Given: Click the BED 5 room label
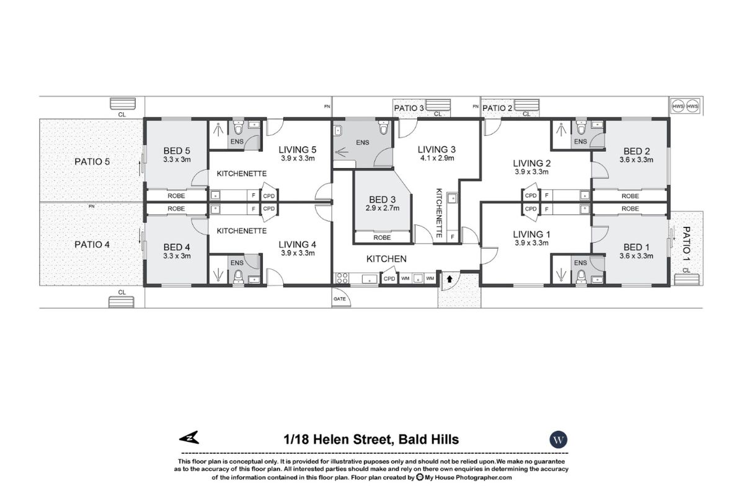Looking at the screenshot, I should pyautogui.click(x=176, y=151).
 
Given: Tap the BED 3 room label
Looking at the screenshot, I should pyautogui.click(x=382, y=199).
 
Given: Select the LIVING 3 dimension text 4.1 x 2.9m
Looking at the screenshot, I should pyautogui.click(x=436, y=158).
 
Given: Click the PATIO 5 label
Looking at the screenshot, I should pyautogui.click(x=92, y=162).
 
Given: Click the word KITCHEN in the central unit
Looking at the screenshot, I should pyautogui.click(x=386, y=259).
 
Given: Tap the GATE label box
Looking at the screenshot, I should pyautogui.click(x=340, y=299).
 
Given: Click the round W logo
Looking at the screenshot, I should pyautogui.click(x=559, y=440).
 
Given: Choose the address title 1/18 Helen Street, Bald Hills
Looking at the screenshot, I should pyautogui.click(x=371, y=440).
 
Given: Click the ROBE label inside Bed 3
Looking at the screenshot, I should pyautogui.click(x=383, y=237).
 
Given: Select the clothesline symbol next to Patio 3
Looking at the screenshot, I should pyautogui.click(x=438, y=104).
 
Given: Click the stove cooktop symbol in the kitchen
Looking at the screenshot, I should pyautogui.click(x=342, y=280).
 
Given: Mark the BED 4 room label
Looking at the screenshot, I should pyautogui.click(x=176, y=247).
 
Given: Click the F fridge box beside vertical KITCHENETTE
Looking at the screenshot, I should pyautogui.click(x=453, y=237).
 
